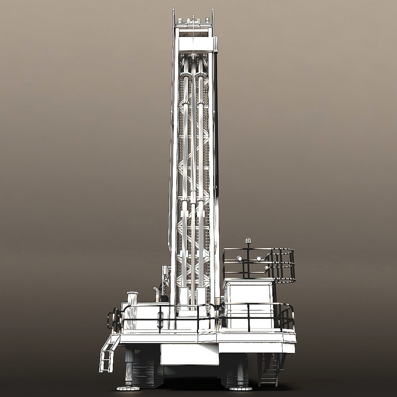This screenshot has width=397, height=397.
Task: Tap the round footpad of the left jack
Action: coord(128,387)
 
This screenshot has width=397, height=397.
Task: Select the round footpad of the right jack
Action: coord(241,387)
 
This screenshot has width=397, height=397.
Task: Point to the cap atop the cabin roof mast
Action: coord(249,240)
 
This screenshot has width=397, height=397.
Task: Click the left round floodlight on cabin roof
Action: coord(239,258)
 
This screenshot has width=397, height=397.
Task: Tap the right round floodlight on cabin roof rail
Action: coord(259,258)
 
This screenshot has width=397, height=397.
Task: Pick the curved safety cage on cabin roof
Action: coord(284,265)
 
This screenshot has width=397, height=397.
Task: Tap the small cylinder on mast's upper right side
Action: coord(216,44)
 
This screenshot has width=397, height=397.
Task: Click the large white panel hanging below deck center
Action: coord(189,354)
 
